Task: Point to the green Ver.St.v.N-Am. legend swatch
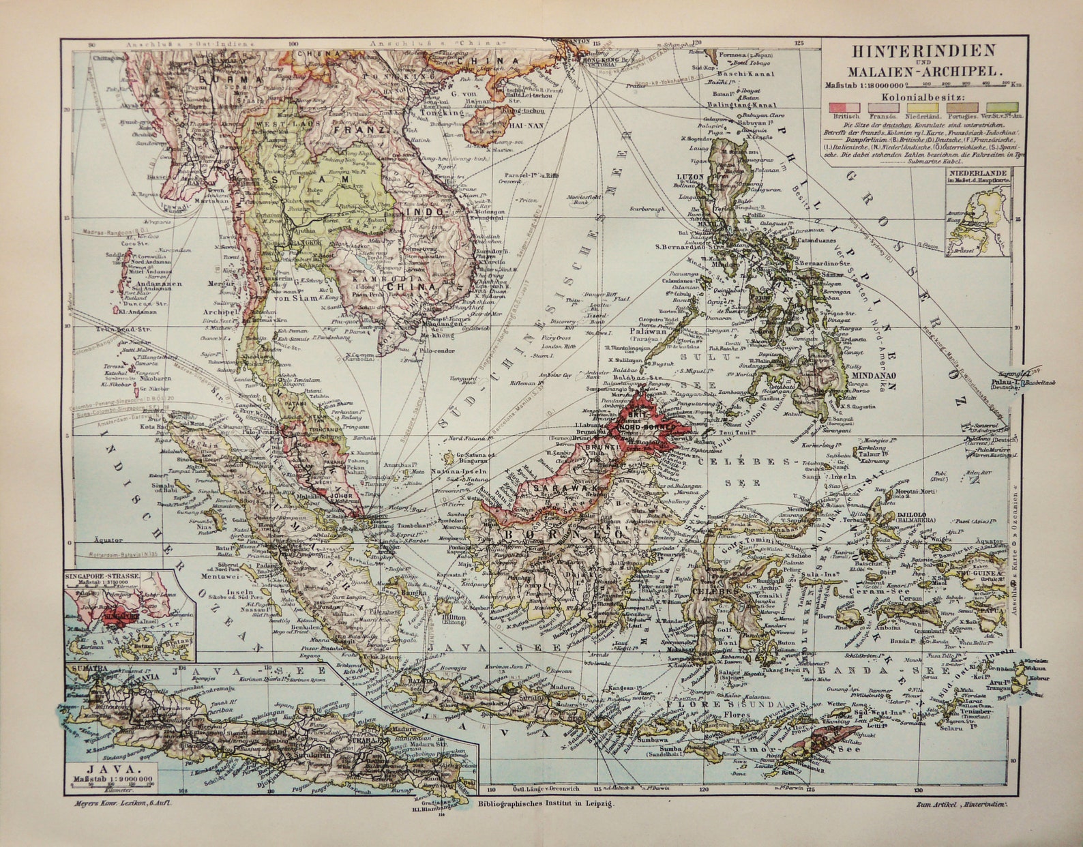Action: [1002, 107]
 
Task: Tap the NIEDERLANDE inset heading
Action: [976, 173]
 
